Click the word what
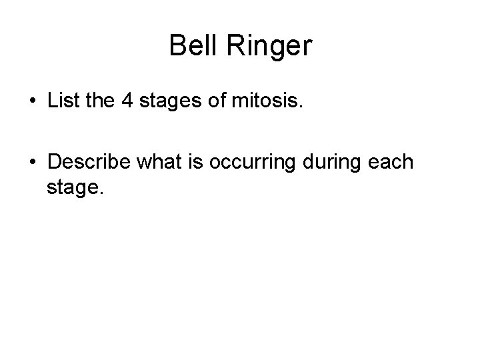(158, 162)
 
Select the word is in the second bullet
(193, 162)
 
